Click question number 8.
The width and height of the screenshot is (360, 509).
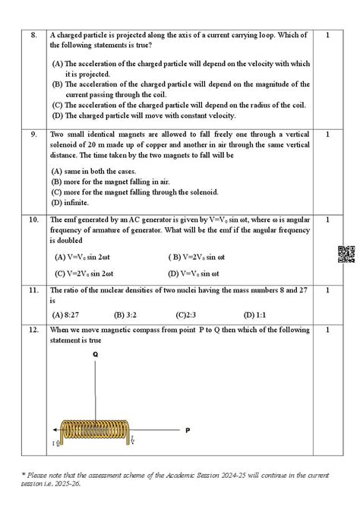point(33,35)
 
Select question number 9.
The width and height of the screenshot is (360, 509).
point(33,134)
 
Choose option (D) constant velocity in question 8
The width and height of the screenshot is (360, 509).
point(144,115)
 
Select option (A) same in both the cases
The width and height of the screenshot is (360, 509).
point(89,172)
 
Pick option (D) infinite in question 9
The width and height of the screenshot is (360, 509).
point(71,203)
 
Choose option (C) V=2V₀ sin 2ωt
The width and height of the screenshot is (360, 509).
point(84,273)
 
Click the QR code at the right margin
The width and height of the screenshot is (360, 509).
point(346,254)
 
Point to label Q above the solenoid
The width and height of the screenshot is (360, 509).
point(96,355)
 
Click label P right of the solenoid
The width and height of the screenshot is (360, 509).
point(188,431)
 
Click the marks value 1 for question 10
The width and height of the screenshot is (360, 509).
point(327,220)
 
